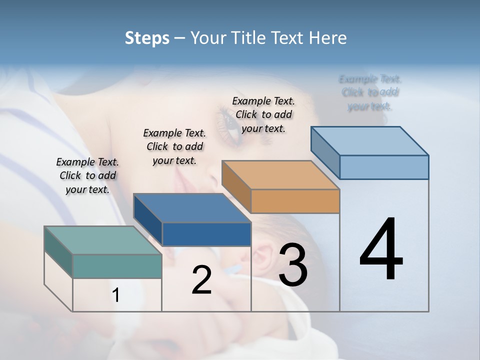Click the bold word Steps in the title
(146, 38)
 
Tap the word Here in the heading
(328, 38)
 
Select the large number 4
(381, 250)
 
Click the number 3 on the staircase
(293, 265)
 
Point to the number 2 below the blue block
(201, 280)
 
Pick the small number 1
(116, 295)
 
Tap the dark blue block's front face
(206, 234)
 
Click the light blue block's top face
(369, 141)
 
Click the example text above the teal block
(87, 175)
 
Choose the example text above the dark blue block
(174, 146)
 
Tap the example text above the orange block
(263, 114)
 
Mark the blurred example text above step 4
(370, 92)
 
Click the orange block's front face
(295, 201)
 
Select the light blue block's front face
(384, 167)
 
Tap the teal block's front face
(117, 266)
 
